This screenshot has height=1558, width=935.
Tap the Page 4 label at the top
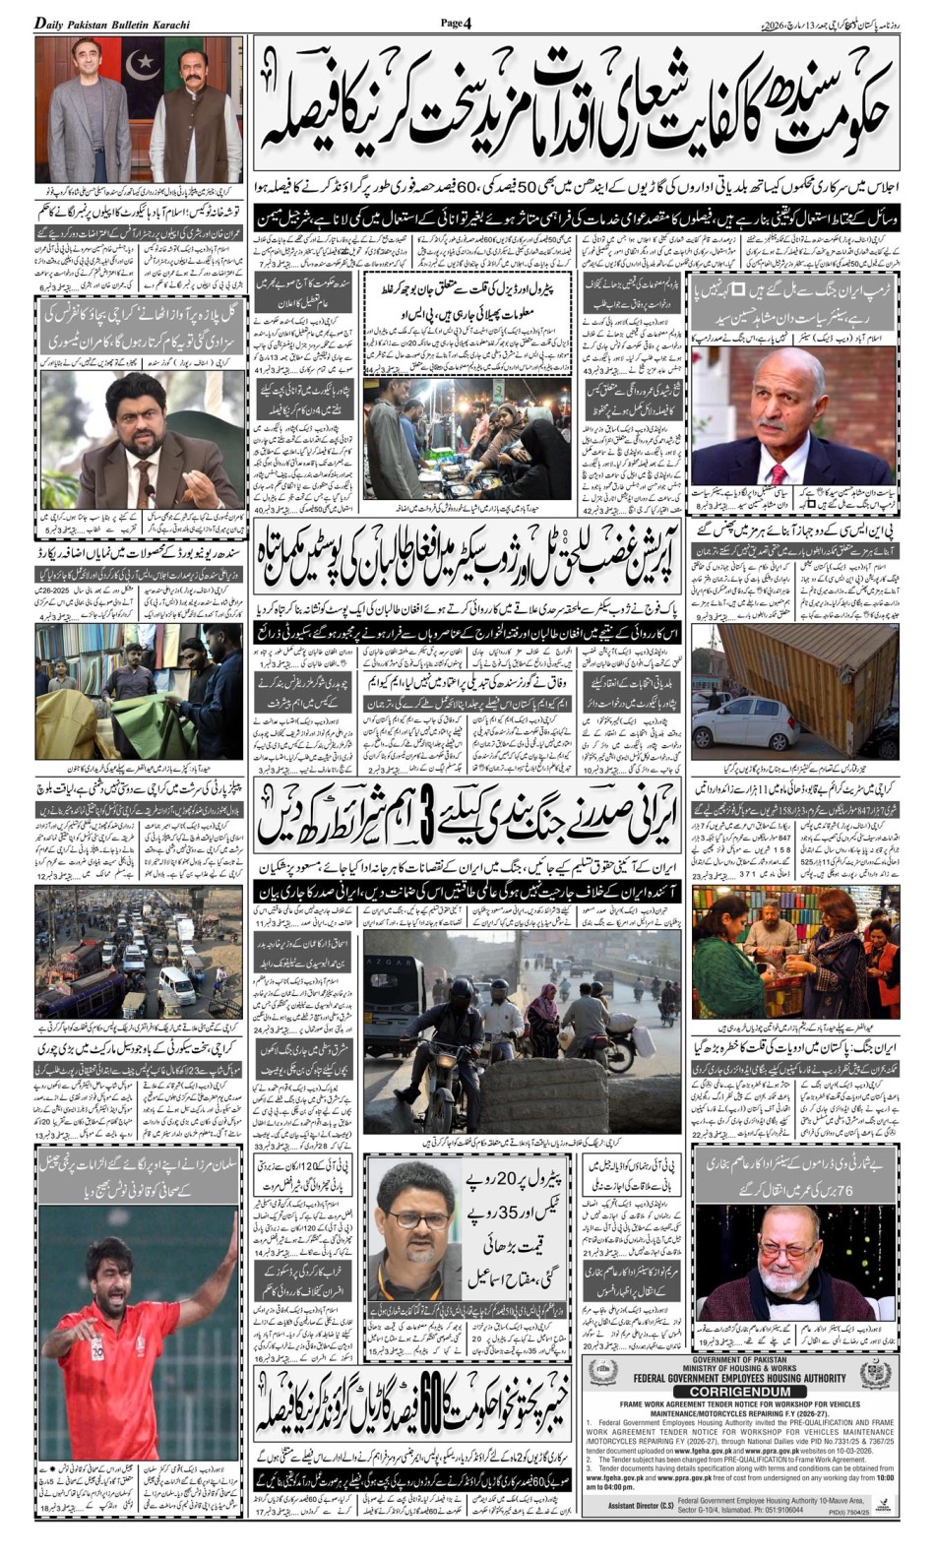point(457,23)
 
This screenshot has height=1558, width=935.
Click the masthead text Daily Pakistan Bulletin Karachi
point(113,24)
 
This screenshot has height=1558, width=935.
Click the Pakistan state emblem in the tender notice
point(875,1373)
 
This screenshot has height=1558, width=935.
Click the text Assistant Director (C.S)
point(640,1506)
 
